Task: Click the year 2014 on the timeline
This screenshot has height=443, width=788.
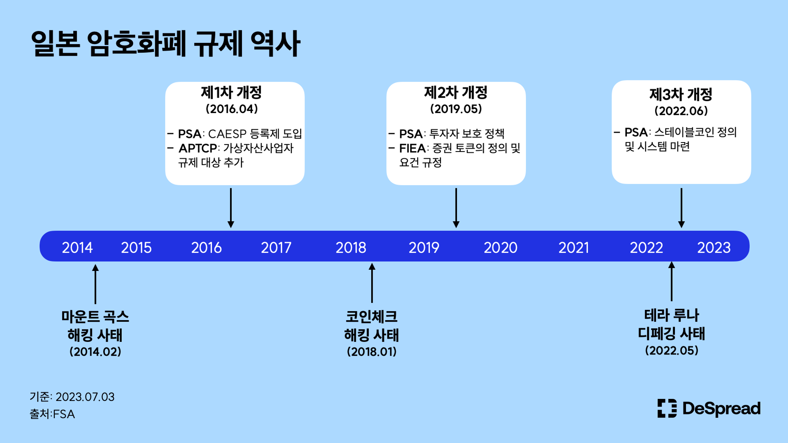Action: coord(77,248)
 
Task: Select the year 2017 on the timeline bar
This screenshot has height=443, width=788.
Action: coord(276,248)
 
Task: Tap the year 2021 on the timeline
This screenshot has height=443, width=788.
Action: coord(574,248)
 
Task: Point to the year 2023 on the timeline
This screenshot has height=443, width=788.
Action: coord(714,248)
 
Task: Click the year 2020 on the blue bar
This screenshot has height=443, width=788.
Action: coord(500,248)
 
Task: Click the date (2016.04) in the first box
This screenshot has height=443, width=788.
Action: coord(232,109)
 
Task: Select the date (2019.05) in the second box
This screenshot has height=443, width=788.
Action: coord(456,109)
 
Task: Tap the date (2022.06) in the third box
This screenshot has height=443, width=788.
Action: coord(681,111)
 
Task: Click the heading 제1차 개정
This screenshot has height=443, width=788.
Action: coord(231,93)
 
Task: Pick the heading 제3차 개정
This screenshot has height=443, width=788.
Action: coord(681,95)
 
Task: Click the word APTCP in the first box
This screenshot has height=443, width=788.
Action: coord(198,148)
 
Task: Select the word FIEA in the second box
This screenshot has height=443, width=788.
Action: coord(413,148)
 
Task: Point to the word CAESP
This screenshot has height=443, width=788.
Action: coord(227,134)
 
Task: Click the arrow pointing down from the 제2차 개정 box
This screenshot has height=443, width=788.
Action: coord(456,208)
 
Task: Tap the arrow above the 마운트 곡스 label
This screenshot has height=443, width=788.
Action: coord(95,284)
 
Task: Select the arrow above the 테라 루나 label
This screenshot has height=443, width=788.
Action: coord(672,281)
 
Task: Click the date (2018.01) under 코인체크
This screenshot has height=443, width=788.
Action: coord(372,352)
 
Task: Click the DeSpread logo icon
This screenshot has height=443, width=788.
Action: coord(667,408)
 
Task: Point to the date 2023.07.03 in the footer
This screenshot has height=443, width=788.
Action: coord(85,397)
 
